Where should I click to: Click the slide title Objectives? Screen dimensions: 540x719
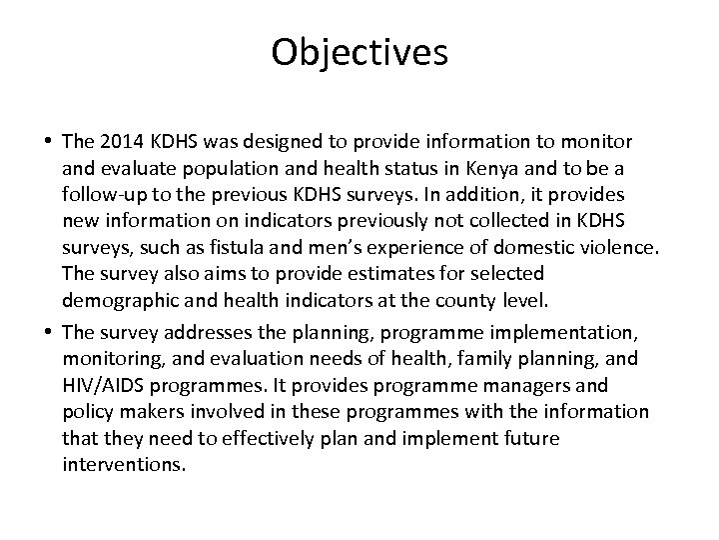click(359, 53)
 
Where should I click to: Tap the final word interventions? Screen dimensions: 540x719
click(124, 464)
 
